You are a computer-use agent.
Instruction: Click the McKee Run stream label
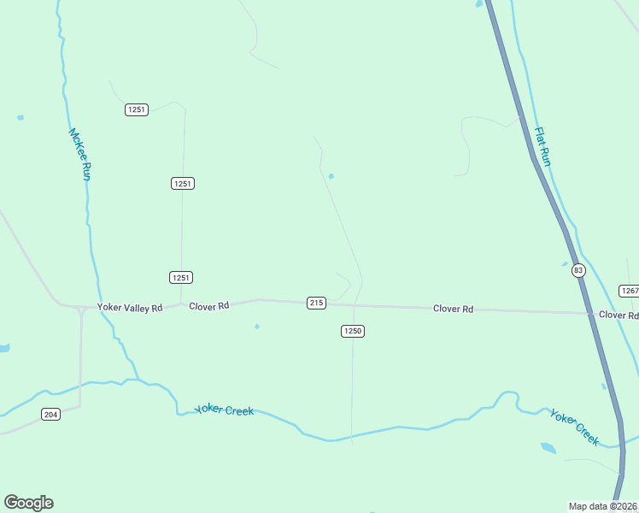[79, 154]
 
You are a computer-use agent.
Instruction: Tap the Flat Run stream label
[542, 146]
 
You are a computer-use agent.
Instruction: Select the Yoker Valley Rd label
[130, 308]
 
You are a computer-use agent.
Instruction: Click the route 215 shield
[316, 303]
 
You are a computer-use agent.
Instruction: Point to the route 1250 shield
[353, 331]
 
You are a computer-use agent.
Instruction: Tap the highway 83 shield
[579, 270]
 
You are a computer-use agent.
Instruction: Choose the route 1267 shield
[630, 291]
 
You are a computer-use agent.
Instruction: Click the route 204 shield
[50, 415]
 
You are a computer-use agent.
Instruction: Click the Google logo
[28, 503]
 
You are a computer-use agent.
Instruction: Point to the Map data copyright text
[603, 506]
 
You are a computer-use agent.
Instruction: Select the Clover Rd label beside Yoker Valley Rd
[209, 305]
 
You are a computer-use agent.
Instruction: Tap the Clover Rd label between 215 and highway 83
[453, 309]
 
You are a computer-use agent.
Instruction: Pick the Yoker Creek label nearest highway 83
[575, 427]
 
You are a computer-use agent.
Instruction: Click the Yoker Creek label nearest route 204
[224, 410]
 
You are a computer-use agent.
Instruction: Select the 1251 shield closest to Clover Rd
[181, 277]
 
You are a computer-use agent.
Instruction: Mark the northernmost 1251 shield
[137, 109]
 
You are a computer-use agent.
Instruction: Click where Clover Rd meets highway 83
[591, 313]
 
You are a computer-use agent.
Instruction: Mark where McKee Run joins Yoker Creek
[137, 380]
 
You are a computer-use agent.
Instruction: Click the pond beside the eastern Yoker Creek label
[548, 447]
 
